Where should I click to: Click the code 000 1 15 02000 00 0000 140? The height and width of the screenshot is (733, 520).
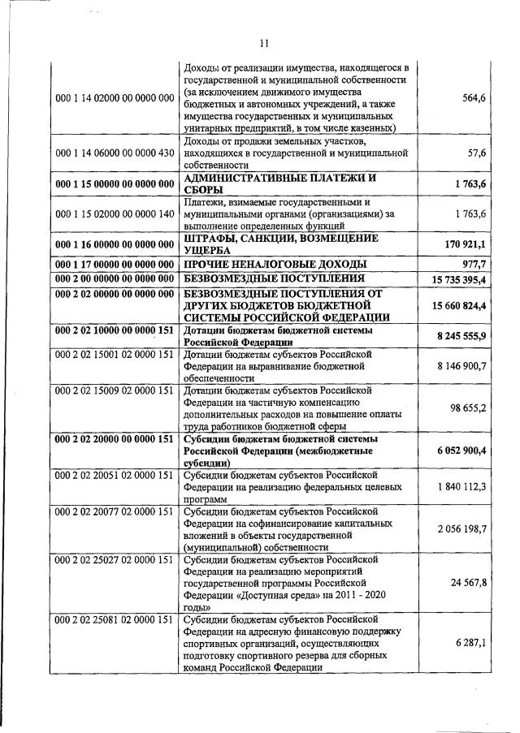point(115,213)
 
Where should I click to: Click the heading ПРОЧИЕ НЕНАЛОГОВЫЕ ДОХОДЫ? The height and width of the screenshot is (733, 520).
point(275,264)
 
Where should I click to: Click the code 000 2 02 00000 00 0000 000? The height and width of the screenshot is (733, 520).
point(115,293)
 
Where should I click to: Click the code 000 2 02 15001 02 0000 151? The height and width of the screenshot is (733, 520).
point(115,355)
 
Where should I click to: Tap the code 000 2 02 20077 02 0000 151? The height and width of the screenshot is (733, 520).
point(115,512)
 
